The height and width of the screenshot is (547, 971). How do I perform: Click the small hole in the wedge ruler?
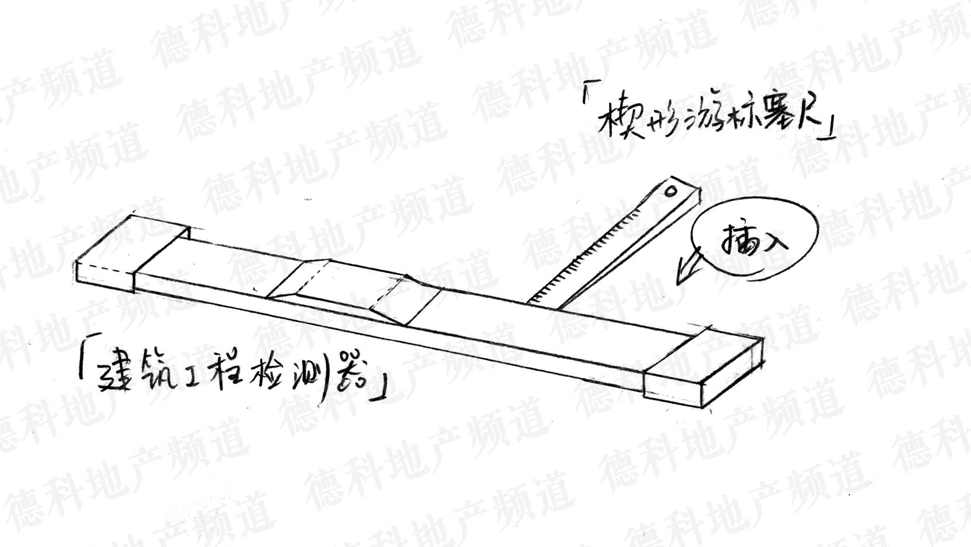[x=671, y=190]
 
